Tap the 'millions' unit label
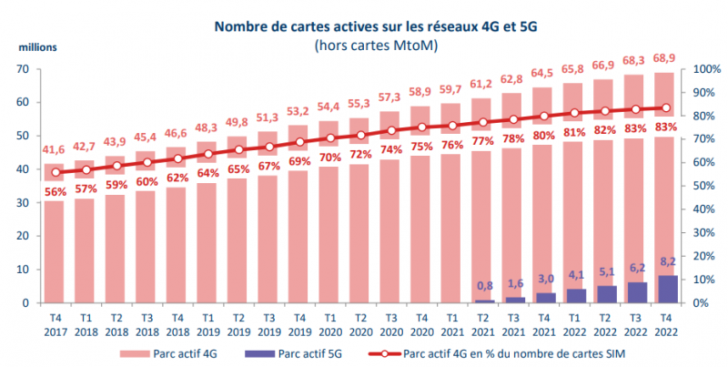pos(33,45)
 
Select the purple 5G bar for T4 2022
pos(667,289)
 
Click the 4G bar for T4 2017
pos(54,237)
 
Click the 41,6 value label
pos(54,149)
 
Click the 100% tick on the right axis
pos(708,69)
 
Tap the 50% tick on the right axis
pos(704,186)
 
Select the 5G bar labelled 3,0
pos(544,297)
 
